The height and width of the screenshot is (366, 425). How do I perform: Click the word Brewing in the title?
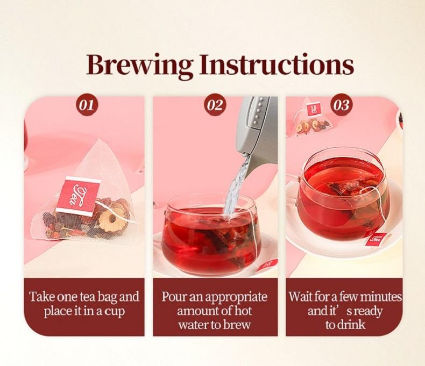click(x=140, y=66)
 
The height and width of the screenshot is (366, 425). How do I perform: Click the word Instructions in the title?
click(x=277, y=65)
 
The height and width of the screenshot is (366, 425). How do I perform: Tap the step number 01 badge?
click(x=87, y=105)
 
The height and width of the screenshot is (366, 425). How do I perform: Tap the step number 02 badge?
click(x=215, y=105)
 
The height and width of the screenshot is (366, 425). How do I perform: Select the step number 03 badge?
click(x=341, y=105)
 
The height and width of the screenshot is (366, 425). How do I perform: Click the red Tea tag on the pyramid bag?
click(x=78, y=196)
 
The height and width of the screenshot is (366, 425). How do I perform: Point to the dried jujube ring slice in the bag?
click(x=112, y=219)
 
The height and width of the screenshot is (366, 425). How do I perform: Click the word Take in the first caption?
click(x=41, y=297)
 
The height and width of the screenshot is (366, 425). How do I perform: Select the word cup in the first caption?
click(x=115, y=312)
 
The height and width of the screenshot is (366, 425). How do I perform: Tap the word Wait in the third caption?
click(x=300, y=297)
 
